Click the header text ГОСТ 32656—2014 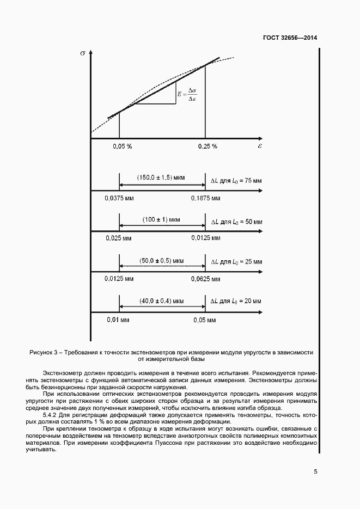click(x=289, y=38)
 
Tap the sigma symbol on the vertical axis click(x=82, y=53)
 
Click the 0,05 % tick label click(x=123, y=146)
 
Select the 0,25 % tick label click(x=208, y=146)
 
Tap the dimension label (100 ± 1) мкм click(x=162, y=219)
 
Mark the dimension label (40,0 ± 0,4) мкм click(x=162, y=301)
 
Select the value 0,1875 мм click(x=206, y=198)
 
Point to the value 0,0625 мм click(x=206, y=279)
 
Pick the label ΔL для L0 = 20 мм click(x=236, y=301)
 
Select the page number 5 click(x=315, y=471)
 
